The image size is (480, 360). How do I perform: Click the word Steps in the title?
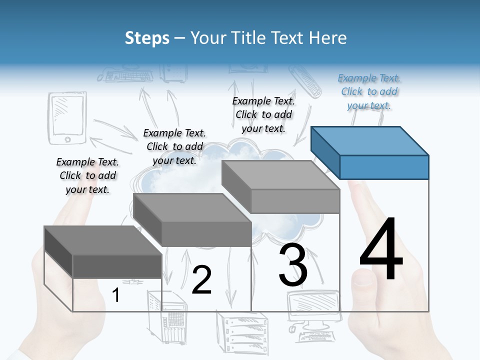pos(147,38)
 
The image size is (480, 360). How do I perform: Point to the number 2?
pos(201,280)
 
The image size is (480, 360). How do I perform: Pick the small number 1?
pos(115,295)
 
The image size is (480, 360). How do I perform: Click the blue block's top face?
pos(370,140)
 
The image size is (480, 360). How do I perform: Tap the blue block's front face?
pos(384,167)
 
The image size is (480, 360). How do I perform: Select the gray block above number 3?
pos(295,200)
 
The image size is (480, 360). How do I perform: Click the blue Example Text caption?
pos(369,91)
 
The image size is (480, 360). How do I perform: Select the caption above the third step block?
pos(263,114)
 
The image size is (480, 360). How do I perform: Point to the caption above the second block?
pos(174,146)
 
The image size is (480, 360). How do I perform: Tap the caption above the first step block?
pos(87,175)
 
